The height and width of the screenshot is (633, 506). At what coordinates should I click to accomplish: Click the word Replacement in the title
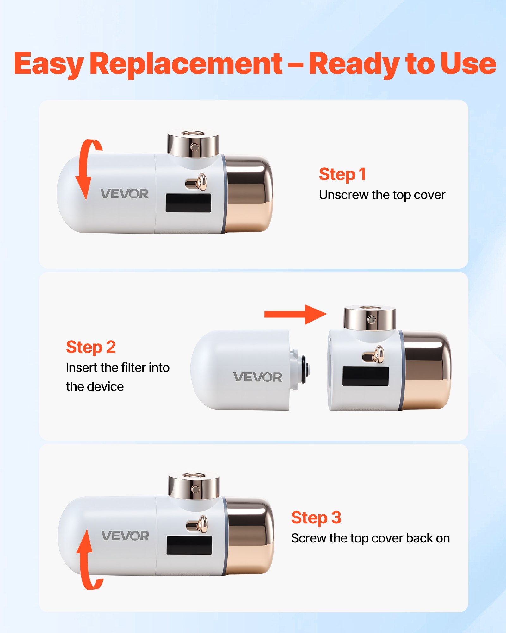(186, 64)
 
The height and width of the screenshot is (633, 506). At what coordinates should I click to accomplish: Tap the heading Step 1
(342, 174)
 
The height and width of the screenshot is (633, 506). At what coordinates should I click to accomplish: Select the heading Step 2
(91, 347)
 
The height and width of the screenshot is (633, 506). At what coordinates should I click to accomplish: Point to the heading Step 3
(316, 518)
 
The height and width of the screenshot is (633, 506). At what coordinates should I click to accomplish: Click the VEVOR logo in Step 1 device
(124, 194)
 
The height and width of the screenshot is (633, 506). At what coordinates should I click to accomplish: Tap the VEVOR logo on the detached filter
(257, 377)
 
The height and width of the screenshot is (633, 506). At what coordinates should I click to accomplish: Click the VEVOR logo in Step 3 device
(125, 536)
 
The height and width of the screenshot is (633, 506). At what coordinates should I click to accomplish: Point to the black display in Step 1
(188, 203)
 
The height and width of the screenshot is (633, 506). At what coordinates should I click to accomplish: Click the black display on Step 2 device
(365, 376)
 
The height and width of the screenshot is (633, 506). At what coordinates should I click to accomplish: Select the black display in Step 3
(189, 545)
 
